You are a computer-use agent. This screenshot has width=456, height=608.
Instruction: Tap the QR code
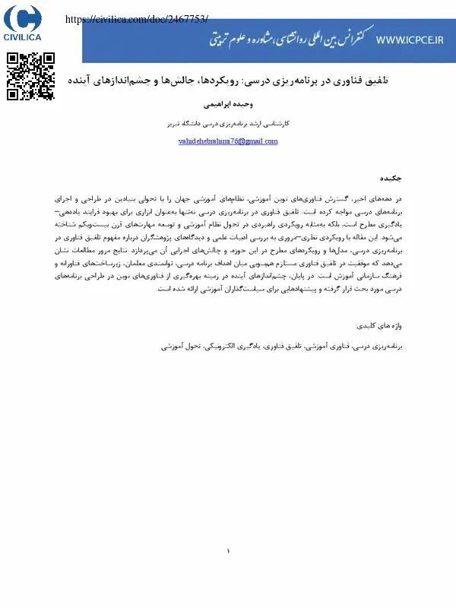coord(30,76)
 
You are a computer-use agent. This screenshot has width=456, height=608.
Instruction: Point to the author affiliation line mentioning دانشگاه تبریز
coord(227,122)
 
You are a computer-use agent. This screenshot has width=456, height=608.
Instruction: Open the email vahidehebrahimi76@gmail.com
coord(227,141)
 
